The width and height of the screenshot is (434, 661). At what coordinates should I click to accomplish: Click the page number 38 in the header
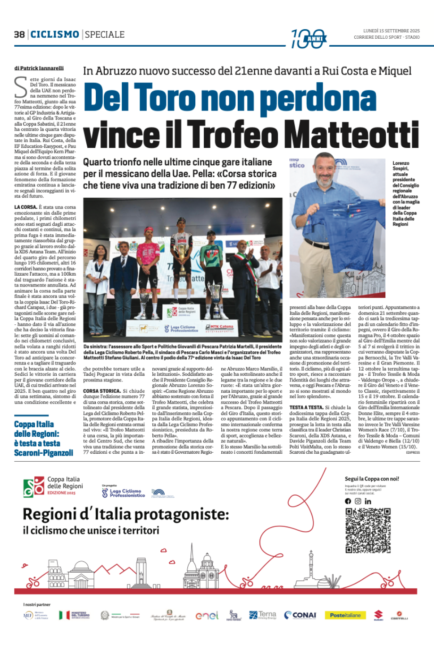pos(19,34)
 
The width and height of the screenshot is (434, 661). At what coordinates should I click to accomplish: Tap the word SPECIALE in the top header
pos(105,34)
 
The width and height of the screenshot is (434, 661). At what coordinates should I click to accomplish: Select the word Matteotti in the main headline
pos(353,135)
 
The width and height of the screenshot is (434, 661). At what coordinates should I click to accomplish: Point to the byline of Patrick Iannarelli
pos(39,68)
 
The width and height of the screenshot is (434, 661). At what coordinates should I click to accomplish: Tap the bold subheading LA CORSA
pos(25,207)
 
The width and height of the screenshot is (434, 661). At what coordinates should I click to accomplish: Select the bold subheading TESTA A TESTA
pos(306,407)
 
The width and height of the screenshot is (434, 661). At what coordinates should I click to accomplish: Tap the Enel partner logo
pos(207,616)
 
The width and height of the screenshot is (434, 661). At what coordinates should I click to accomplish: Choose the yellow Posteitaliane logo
pos(345,615)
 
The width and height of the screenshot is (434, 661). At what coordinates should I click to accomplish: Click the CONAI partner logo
pos(300,615)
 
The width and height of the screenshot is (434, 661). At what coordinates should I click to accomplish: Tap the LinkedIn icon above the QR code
pos(368,501)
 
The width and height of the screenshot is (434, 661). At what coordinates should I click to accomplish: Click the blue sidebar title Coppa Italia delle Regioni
pos(43,439)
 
